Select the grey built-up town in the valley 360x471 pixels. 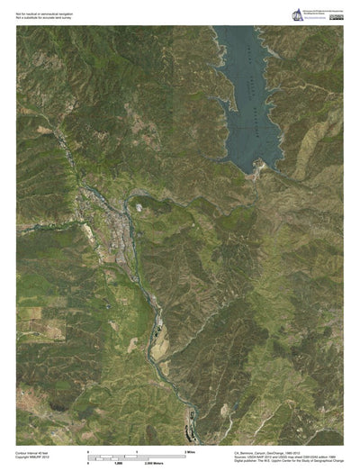pyautogui.click(x=115, y=221)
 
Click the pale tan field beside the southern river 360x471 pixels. pyautogui.click(x=157, y=340)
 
